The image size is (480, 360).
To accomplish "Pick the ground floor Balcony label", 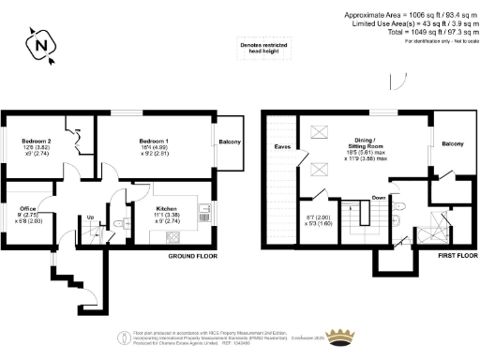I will click(x=230, y=142).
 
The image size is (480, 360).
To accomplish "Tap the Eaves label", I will click(x=282, y=147).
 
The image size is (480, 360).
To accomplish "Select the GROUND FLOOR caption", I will click(x=192, y=256).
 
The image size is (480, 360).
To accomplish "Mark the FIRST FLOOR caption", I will click(x=449, y=256).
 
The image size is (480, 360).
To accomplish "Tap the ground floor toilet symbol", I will click(x=122, y=221).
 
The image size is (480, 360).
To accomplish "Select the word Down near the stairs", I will click(x=378, y=198).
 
